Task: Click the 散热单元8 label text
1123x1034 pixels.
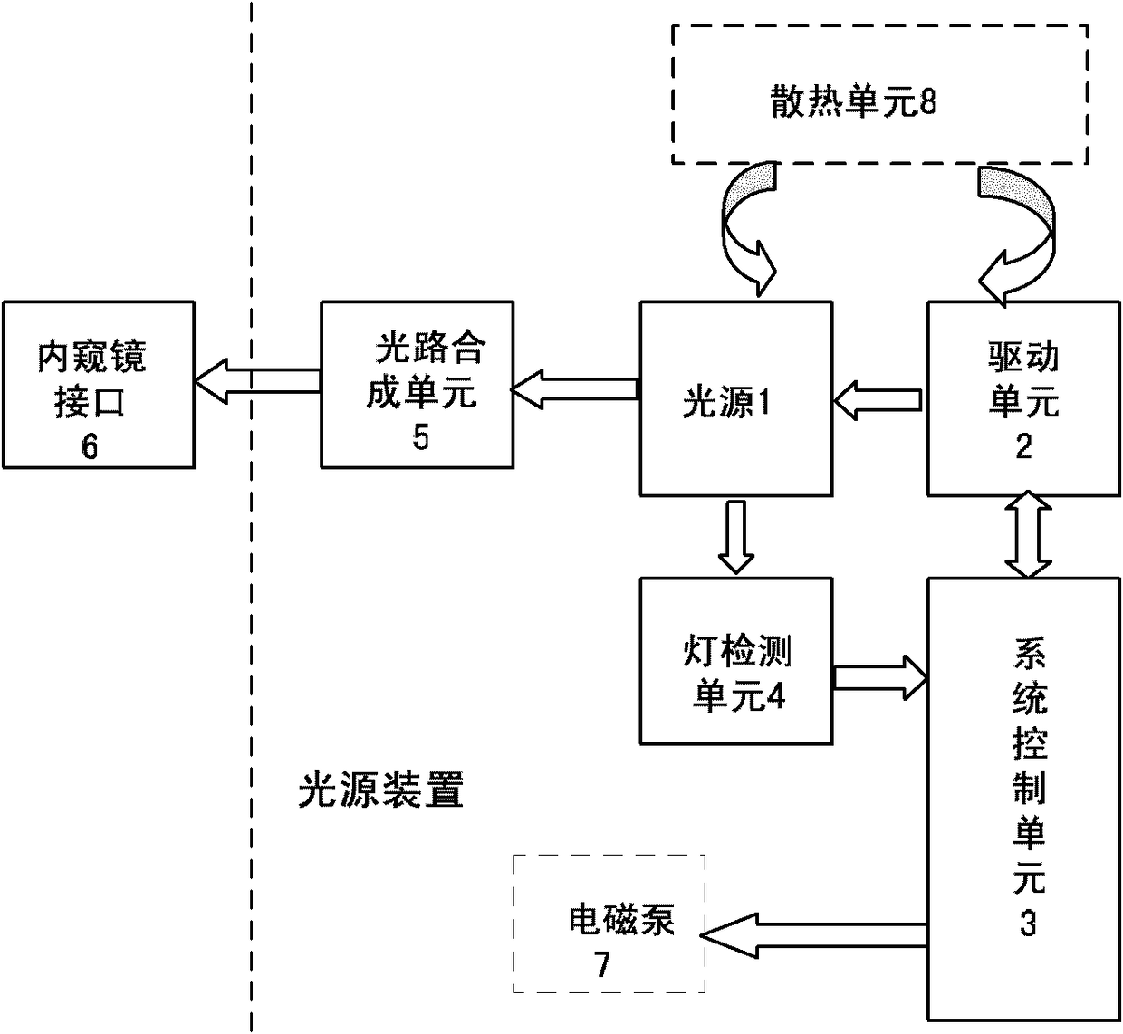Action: click(852, 101)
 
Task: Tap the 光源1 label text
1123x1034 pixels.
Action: click(726, 402)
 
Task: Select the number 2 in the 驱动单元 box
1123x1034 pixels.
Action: click(1024, 446)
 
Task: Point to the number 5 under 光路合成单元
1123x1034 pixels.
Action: click(420, 437)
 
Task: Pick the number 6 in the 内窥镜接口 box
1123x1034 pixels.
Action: click(90, 446)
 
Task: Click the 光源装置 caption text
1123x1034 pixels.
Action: click(381, 790)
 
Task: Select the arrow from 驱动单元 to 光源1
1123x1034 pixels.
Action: click(878, 401)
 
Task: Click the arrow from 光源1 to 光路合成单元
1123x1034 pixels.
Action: click(575, 389)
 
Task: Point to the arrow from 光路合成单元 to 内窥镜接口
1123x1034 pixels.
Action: click(257, 381)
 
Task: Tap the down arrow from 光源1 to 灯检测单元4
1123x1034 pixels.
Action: click(736, 537)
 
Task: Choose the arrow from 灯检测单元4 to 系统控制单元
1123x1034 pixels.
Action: click(880, 677)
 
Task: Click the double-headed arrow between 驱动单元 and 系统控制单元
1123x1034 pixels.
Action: click(1029, 534)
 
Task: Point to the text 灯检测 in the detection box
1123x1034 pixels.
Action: click(736, 652)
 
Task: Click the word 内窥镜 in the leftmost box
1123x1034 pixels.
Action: click(92, 356)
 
